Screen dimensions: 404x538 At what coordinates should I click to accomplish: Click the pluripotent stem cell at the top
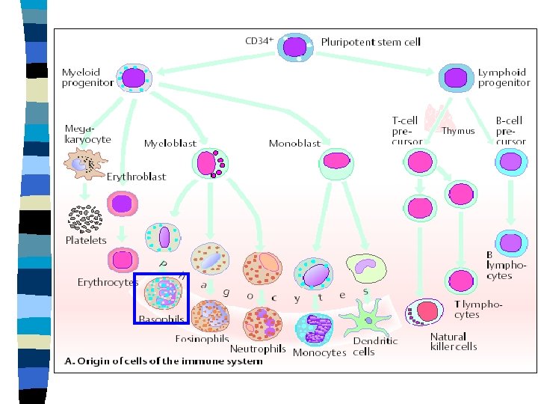pos(296,46)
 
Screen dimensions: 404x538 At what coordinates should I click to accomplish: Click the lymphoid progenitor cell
pos(454,77)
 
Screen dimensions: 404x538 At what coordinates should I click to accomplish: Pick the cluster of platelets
pos(85,219)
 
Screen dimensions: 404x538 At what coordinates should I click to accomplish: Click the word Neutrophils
pos(258,349)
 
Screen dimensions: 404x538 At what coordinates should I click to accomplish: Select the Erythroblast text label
pos(136,177)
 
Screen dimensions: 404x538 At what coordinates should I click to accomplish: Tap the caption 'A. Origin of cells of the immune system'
pos(164,361)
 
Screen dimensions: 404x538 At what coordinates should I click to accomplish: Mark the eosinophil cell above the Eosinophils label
pos(211,314)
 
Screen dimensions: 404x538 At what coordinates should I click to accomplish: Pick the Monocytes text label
pos(320,352)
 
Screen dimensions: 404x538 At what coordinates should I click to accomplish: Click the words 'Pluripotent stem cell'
pos(371,42)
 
